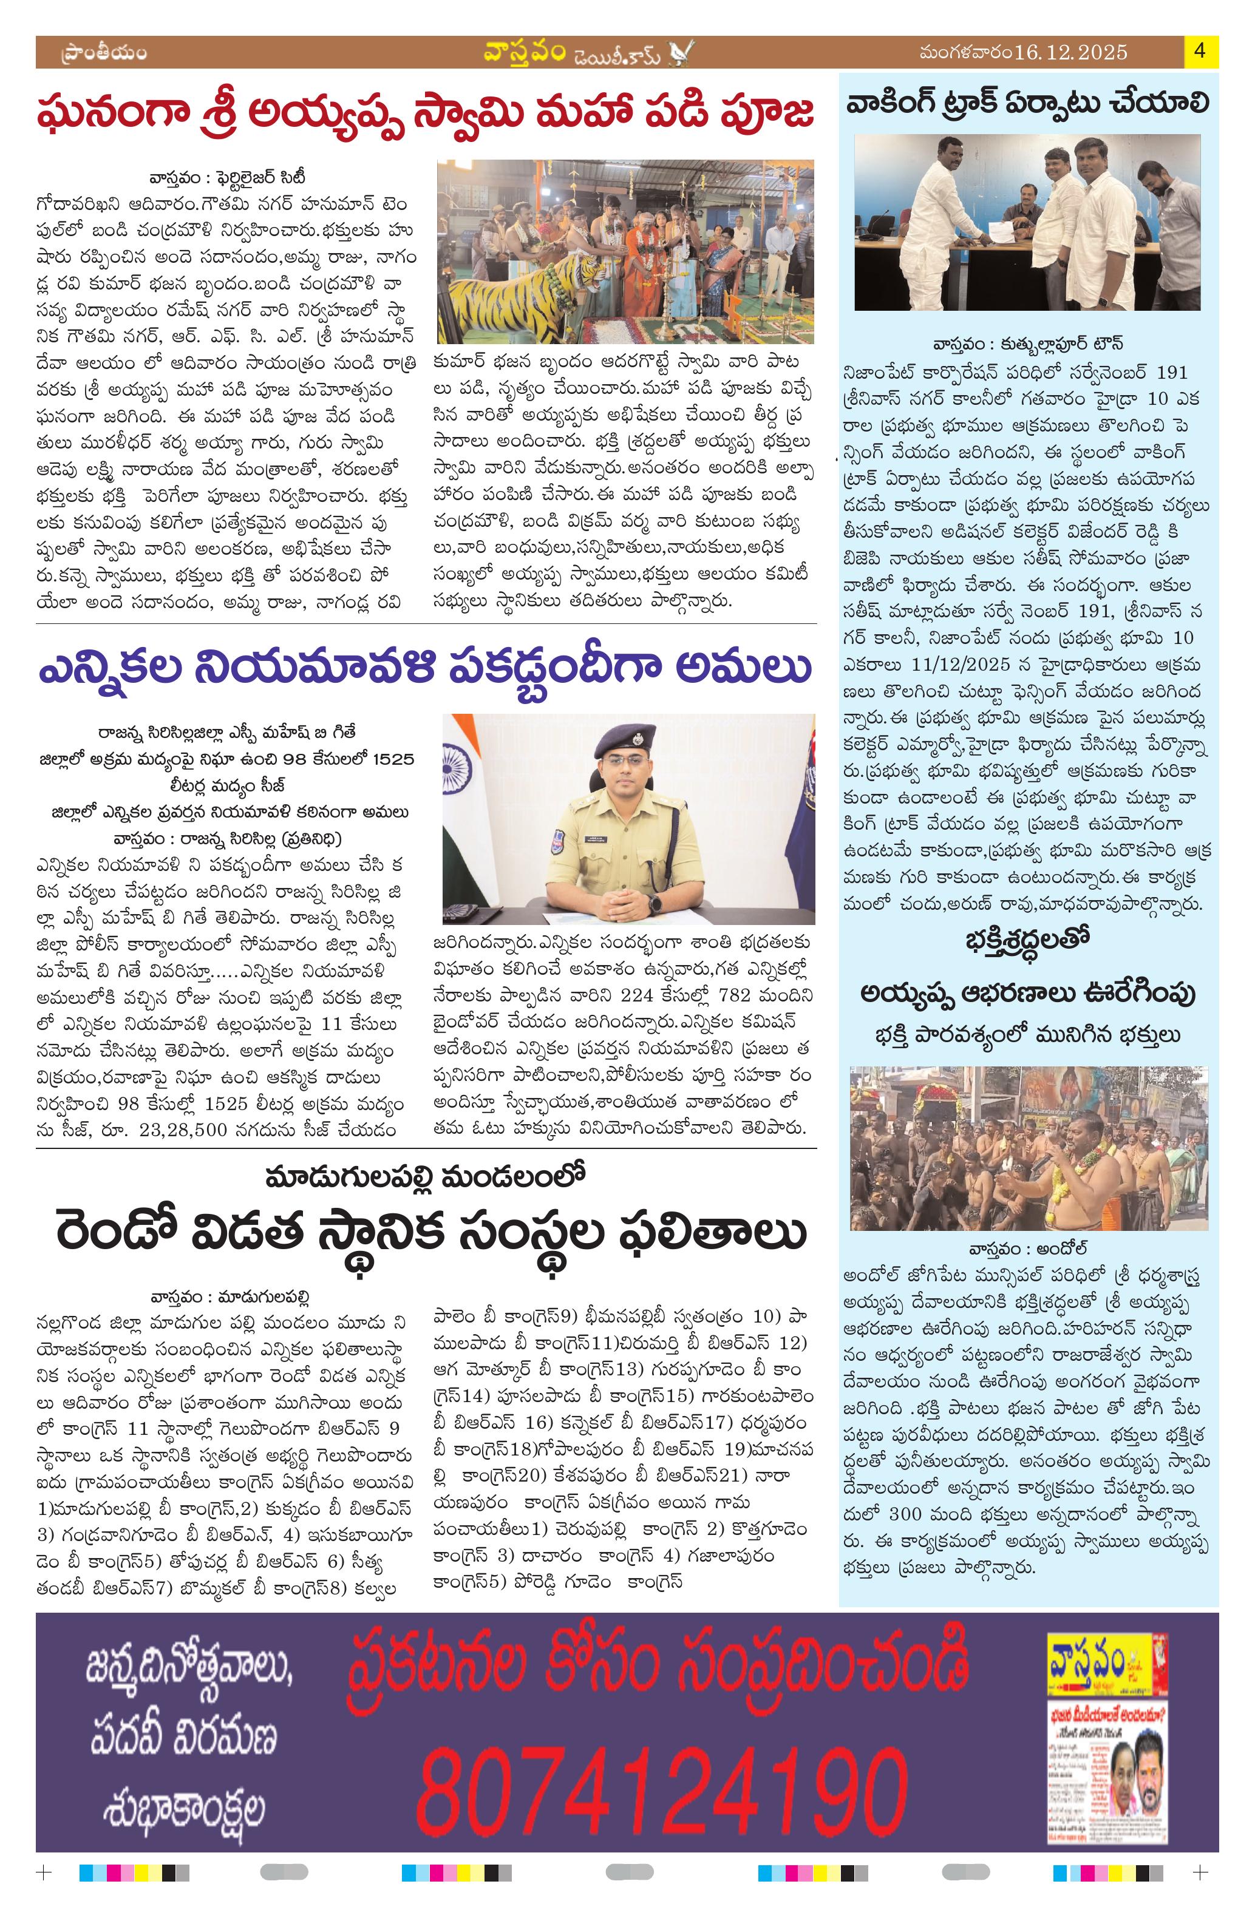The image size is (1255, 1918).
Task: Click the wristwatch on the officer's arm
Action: (655, 903)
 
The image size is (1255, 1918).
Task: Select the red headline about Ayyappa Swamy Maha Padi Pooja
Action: (425, 115)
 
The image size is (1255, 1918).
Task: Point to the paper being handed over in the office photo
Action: (999, 233)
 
